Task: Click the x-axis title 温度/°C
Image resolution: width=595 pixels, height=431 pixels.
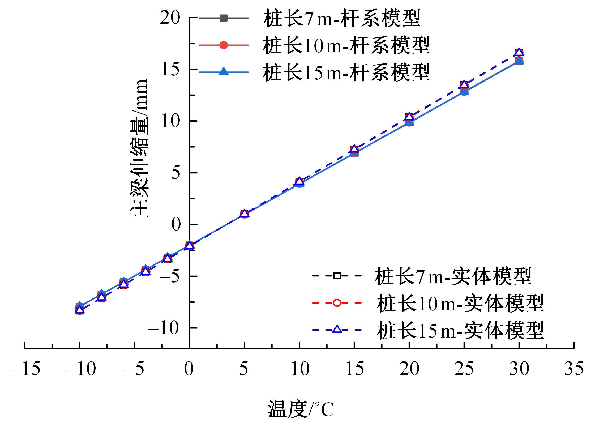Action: point(301,409)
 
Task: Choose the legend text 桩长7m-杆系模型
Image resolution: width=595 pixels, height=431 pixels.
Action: point(342,19)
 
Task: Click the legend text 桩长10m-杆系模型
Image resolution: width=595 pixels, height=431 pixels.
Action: point(346,46)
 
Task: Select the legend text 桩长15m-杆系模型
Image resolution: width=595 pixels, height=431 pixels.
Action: point(346,72)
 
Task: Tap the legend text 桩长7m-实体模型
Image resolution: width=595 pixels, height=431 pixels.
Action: point(453,276)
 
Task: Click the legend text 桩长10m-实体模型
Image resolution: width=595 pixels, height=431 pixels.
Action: point(460,303)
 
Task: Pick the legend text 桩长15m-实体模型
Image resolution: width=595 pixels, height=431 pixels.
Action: point(460,330)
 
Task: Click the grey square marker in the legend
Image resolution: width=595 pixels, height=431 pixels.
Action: point(224,18)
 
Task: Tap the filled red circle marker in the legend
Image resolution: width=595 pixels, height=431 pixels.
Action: point(224,45)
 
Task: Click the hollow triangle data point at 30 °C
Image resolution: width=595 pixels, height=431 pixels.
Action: point(519,52)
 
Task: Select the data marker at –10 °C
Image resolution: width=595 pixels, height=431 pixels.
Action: point(79,309)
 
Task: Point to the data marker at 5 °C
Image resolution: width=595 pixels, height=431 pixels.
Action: point(244,214)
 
